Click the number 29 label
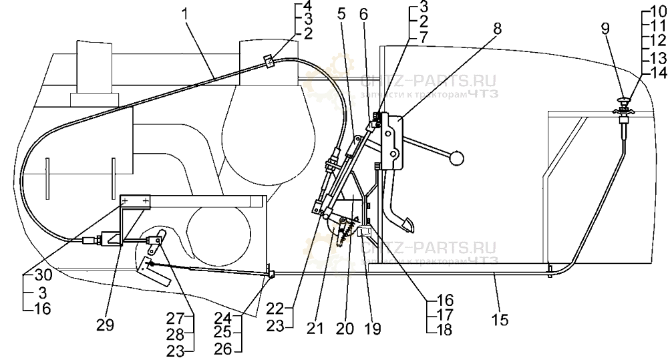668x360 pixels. pyautogui.click(x=105, y=325)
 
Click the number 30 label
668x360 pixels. pyautogui.click(x=31, y=274)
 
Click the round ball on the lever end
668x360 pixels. pyautogui.click(x=456, y=158)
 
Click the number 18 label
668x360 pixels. pyautogui.click(x=445, y=329)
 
